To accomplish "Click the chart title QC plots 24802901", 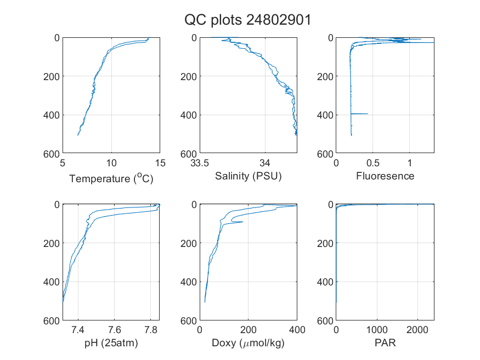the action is [247, 20].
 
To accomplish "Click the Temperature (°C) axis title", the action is [111, 178].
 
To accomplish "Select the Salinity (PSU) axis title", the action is [249, 176].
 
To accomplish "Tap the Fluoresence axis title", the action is [385, 176].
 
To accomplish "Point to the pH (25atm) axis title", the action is [111, 343].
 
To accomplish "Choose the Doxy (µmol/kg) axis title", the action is [249, 343].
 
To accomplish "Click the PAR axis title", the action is [385, 342].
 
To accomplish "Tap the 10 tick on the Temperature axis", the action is [111, 163].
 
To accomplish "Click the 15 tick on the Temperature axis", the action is [160, 163].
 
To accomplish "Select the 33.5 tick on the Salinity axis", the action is [200, 163].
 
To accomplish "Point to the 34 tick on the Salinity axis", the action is [265, 163].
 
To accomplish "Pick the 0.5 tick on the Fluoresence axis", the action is [373, 163].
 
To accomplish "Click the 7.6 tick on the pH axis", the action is [115, 330].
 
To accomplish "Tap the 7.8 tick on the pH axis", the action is [151, 330].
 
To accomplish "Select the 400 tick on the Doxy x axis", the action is [297, 330].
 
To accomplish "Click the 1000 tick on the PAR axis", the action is [377, 330].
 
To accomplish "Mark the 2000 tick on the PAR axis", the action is [417, 330].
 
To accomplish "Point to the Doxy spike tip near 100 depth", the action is [243, 222].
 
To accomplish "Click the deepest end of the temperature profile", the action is [78, 135].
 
